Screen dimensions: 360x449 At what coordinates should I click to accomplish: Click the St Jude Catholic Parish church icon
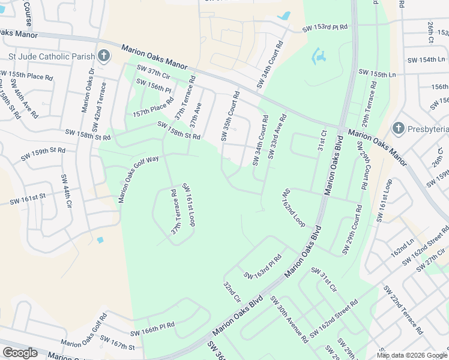pyautogui.click(x=104, y=56)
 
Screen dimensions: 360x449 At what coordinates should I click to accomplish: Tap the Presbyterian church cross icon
pyautogui.click(x=397, y=128)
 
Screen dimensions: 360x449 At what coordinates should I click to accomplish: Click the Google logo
pyautogui.click(x=20, y=353)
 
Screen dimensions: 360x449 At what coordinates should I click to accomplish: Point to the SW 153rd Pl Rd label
pyautogui.click(x=325, y=28)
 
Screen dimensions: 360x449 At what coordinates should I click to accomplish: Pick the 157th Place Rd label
pyautogui.click(x=149, y=107)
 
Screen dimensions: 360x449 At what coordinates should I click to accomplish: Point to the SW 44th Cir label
pyautogui.click(x=65, y=191)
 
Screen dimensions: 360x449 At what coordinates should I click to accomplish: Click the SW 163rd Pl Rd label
pyautogui.click(x=262, y=268)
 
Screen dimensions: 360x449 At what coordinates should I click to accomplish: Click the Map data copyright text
pyautogui.click(x=412, y=355)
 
